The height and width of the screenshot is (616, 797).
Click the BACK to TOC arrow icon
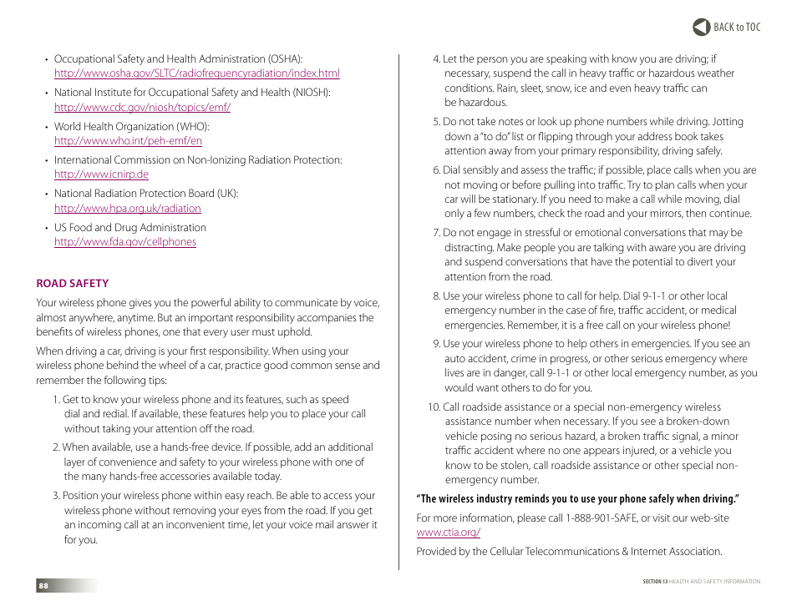701,28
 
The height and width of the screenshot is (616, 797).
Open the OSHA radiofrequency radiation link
196,73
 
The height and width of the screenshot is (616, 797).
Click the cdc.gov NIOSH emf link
142,108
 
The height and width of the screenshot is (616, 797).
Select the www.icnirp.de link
101,174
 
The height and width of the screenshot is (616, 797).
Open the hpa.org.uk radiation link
127,209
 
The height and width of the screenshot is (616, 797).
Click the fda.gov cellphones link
125,242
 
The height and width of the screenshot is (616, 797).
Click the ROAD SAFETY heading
72,284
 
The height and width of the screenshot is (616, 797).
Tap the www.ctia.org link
448,533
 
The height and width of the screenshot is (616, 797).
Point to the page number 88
43,586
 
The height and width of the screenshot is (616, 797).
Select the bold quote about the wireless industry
577,499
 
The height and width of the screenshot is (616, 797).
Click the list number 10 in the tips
433,407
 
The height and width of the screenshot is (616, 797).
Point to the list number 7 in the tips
435,233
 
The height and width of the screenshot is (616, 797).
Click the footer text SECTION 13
656,582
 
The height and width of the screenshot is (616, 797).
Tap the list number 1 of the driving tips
56,400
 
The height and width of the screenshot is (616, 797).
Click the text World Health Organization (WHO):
131,127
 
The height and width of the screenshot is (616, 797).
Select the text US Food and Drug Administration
129,228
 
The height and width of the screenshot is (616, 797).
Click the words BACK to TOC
737,28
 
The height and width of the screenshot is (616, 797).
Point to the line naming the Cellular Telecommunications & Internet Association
568,552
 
